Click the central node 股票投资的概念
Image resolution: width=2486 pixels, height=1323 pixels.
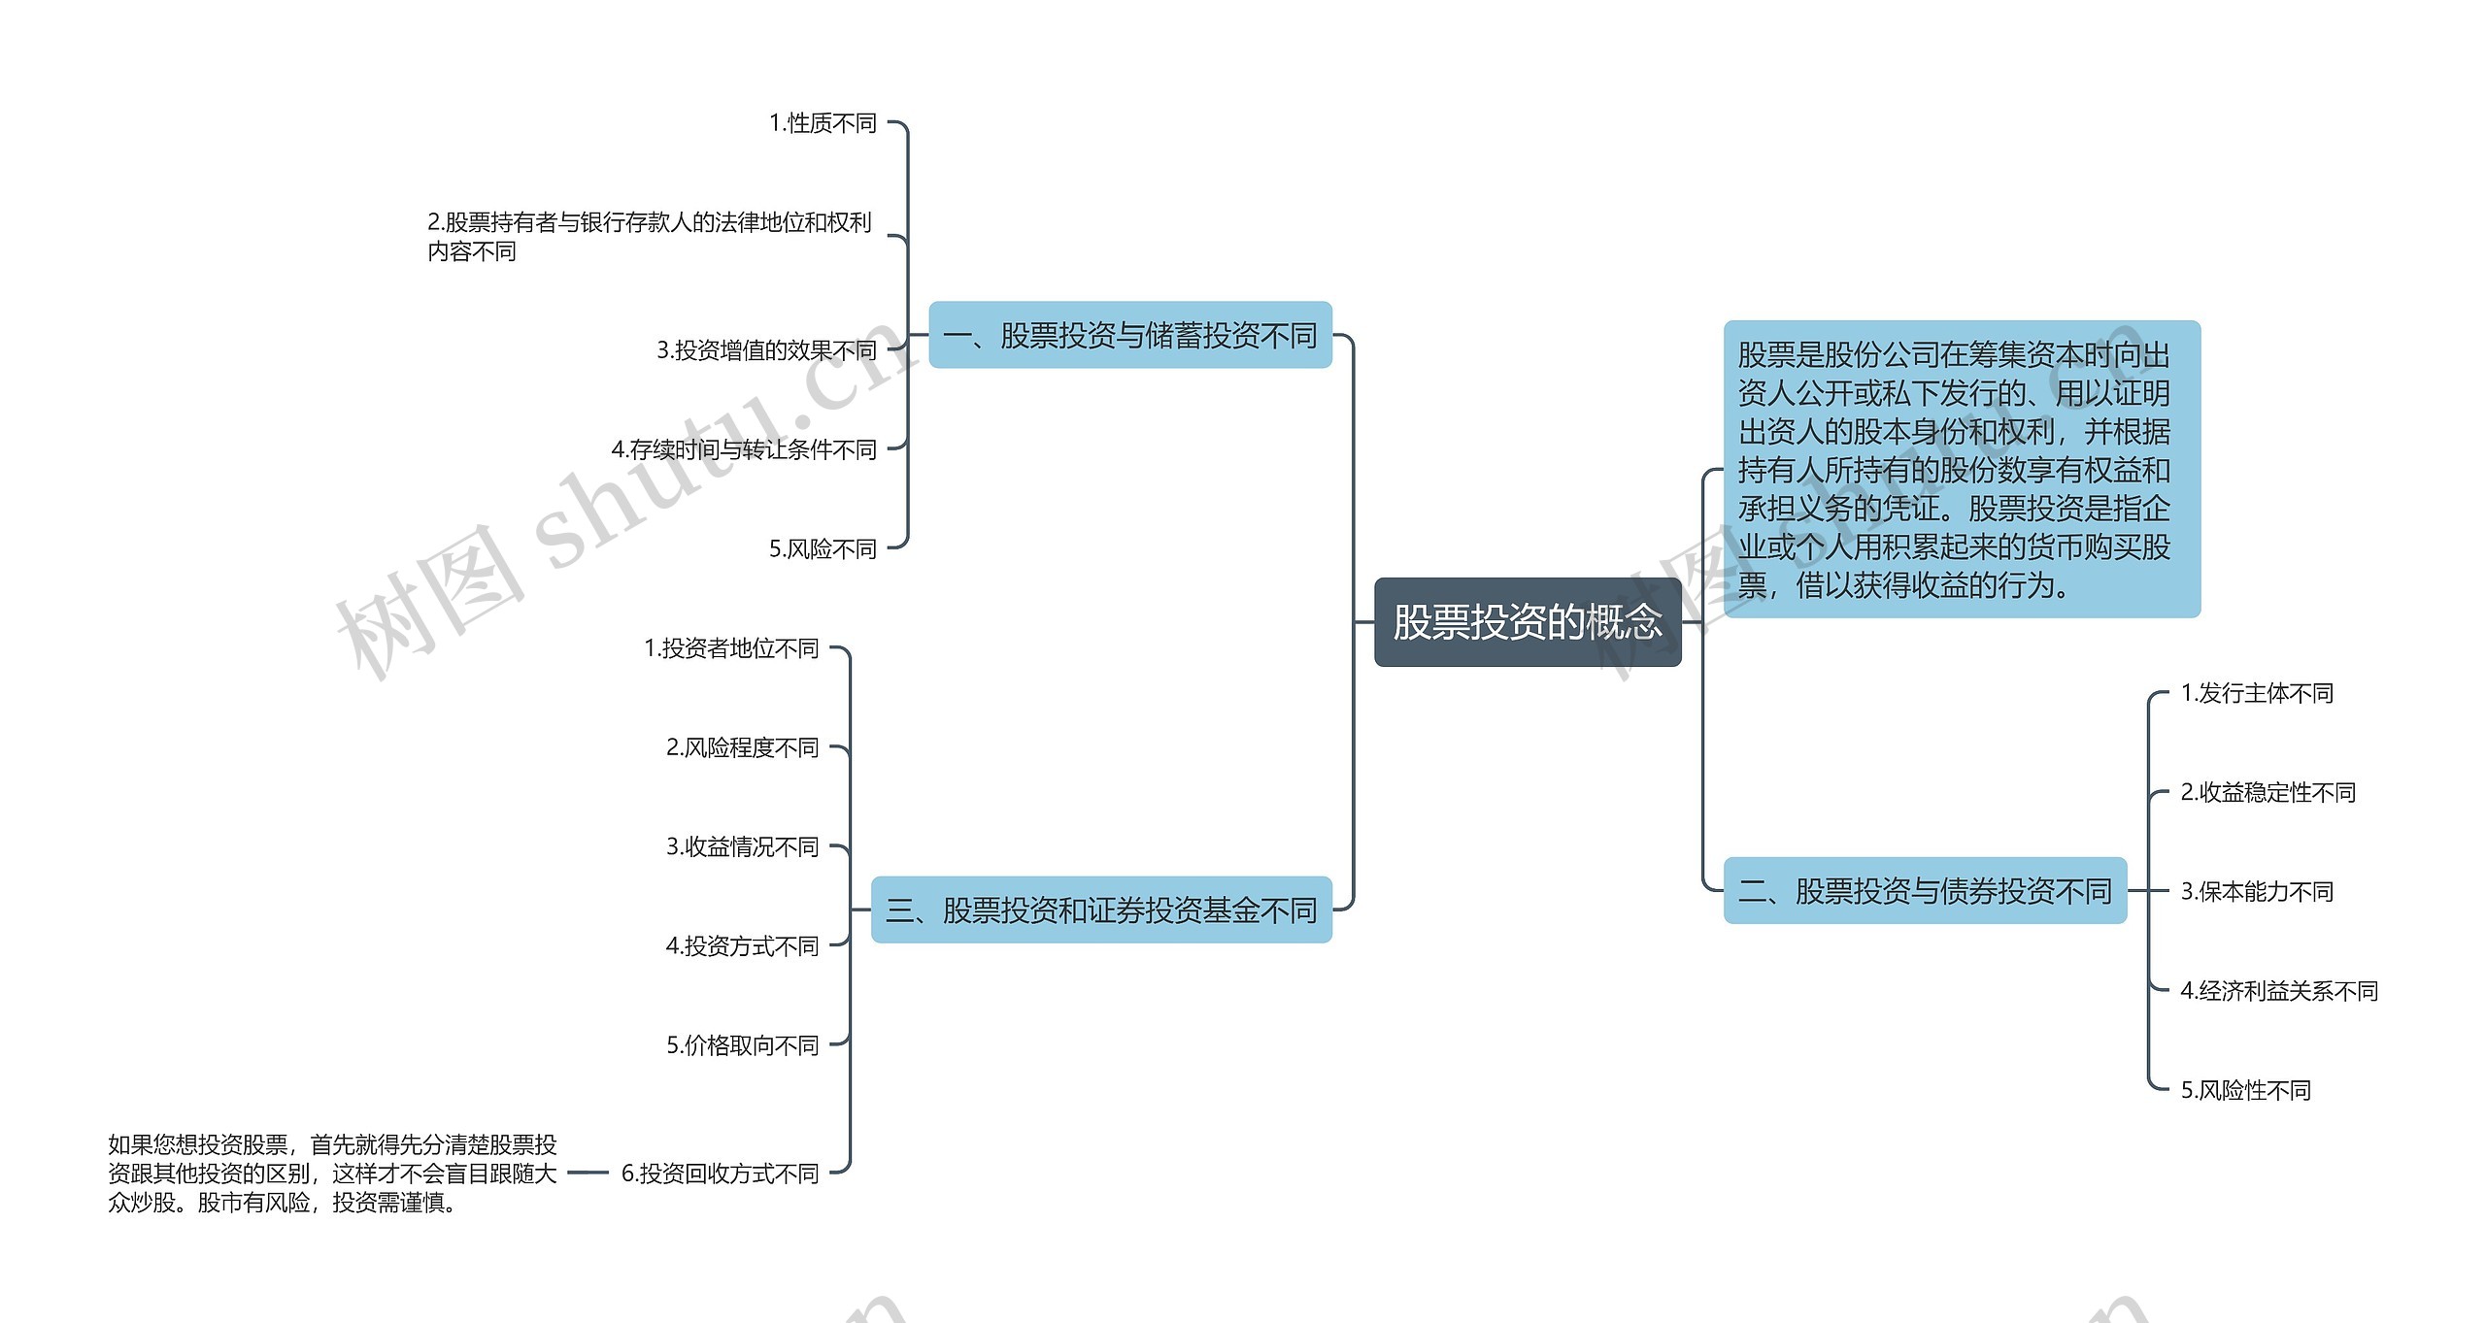pyautogui.click(x=1528, y=622)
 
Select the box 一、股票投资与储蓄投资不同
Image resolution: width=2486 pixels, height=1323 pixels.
pyautogui.click(x=1130, y=335)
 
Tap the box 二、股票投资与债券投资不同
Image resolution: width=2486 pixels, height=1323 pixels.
pyautogui.click(x=1926, y=890)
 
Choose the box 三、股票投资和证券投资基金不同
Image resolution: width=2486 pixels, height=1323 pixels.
pyautogui.click(x=1101, y=910)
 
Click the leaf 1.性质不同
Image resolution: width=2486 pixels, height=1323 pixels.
pyautogui.click(x=823, y=123)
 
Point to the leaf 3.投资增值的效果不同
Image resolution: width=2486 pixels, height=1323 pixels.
pyautogui.click(x=767, y=350)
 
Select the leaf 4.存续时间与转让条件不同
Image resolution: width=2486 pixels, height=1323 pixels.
pyautogui.click(x=744, y=449)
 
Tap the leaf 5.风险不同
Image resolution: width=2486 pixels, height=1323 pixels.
pyautogui.click(x=823, y=549)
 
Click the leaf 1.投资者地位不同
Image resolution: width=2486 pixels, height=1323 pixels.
pyautogui.click(x=732, y=648)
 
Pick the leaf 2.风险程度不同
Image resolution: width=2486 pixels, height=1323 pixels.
pyautogui.click(x=743, y=747)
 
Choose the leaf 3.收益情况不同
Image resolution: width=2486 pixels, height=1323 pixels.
pyautogui.click(x=743, y=847)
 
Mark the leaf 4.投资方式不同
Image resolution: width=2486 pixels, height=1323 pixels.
pyautogui.click(x=743, y=946)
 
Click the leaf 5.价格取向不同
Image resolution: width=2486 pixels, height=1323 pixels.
pyautogui.click(x=743, y=1045)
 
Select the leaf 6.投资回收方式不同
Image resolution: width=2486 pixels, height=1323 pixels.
pyautogui.click(x=721, y=1174)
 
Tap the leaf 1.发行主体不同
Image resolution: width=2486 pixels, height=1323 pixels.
pyautogui.click(x=2257, y=693)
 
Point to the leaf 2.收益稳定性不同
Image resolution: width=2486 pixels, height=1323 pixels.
pyautogui.click(x=2268, y=792)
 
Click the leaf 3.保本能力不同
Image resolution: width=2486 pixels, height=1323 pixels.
pyautogui.click(x=2257, y=891)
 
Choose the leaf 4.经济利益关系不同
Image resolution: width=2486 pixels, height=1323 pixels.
pyautogui.click(x=2279, y=991)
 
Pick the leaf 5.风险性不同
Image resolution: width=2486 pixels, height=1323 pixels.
pyautogui.click(x=2246, y=1090)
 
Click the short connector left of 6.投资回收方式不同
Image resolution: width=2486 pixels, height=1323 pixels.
pyautogui.click(x=588, y=1173)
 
